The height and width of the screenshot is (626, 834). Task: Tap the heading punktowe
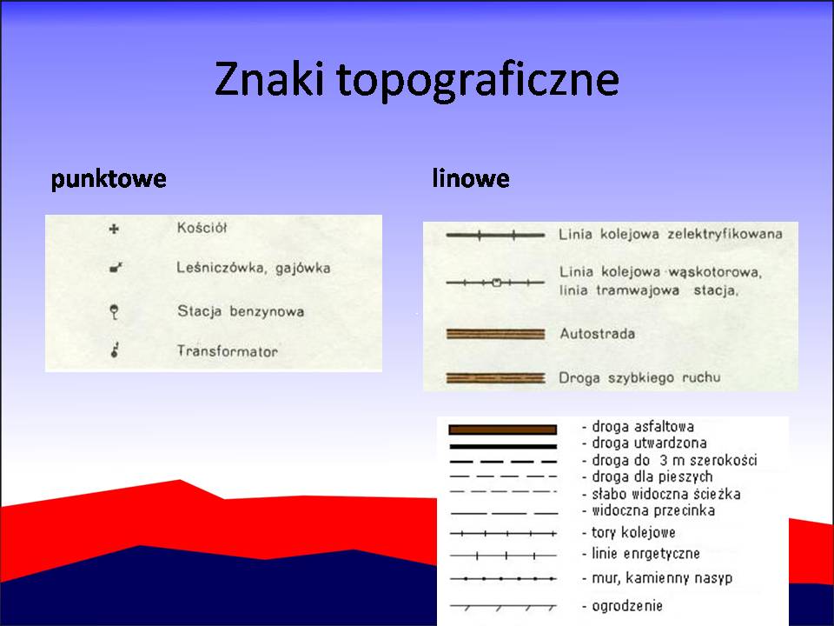coord(109,179)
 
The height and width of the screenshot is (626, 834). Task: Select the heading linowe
coord(471,177)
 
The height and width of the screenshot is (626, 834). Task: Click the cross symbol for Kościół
coord(113,229)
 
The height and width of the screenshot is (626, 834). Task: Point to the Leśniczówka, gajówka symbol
coord(116,267)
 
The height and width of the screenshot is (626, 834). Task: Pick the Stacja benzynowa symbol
coord(114,311)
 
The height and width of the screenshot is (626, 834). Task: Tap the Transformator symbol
coord(115,350)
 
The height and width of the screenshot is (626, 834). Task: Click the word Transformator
coord(227,351)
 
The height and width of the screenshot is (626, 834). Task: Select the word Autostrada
coord(598,334)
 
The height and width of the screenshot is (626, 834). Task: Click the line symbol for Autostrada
coord(496,334)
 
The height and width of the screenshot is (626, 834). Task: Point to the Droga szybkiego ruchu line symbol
coord(496,378)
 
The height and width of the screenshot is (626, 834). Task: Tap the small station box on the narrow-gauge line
coord(497,283)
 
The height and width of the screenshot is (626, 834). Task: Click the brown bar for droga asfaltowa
coord(503,430)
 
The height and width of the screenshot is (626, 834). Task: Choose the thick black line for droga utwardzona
coord(503,447)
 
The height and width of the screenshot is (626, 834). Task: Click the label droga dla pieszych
coord(652,476)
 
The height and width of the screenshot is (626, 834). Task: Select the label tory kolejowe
coord(633,532)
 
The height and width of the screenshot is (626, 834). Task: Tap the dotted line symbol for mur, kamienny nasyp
coord(503,579)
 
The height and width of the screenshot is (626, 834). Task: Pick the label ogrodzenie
coord(627,606)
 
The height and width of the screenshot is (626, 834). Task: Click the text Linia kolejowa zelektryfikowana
coord(670,234)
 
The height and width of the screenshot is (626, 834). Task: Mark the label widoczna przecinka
coord(653,510)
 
